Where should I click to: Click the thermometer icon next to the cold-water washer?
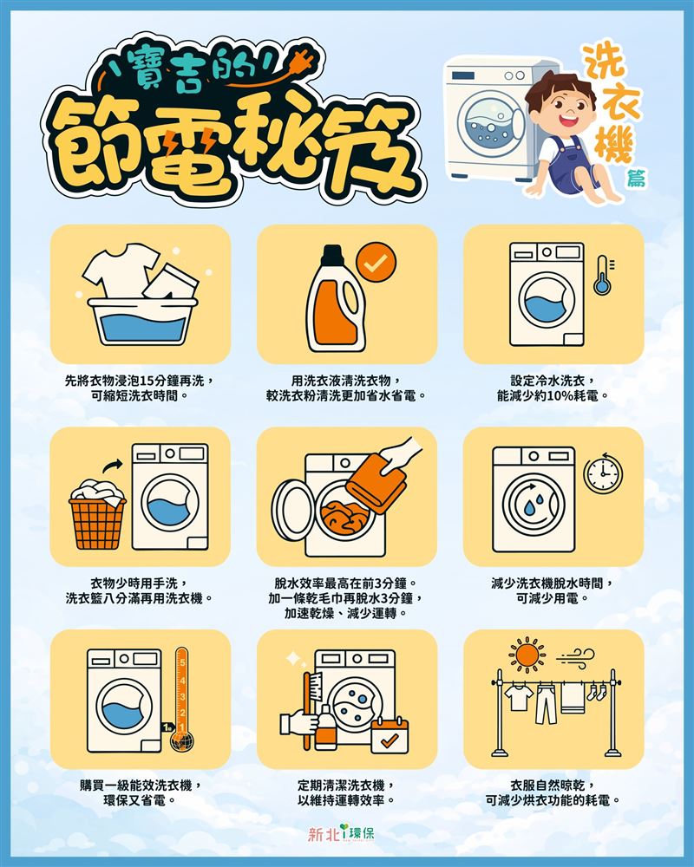(x=601, y=276)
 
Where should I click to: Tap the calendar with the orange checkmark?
(x=390, y=736)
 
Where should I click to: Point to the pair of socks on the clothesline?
(x=597, y=691)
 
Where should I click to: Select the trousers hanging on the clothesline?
(x=545, y=704)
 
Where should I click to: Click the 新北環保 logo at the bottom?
(x=346, y=834)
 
